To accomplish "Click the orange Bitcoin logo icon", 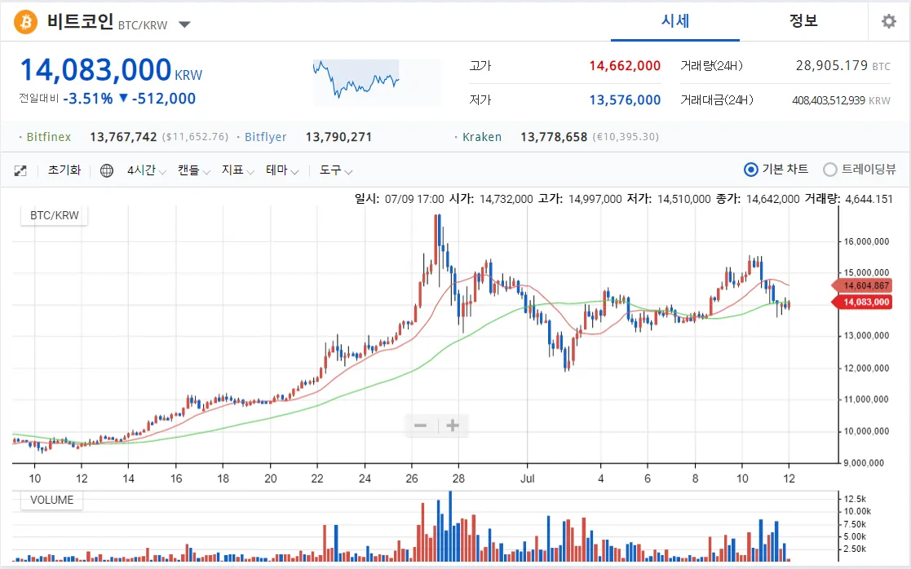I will tap(26, 22).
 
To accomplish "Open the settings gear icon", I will tap(888, 22).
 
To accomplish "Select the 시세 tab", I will tap(675, 21).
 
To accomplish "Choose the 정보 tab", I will tap(803, 21).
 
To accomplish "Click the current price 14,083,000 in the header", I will tap(95, 70).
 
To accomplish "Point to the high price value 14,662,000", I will tap(624, 66).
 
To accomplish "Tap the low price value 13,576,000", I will tap(625, 100).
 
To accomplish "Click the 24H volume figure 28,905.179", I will tap(831, 66).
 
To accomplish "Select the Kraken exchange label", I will tap(482, 137).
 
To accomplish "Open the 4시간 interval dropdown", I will tap(146, 170).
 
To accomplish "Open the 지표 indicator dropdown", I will tap(239, 170).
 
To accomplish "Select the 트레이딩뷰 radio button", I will tap(830, 170).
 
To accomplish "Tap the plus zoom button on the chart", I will tap(453, 426).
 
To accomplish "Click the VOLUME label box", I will tap(51, 500).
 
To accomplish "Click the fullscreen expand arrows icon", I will tap(21, 170).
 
